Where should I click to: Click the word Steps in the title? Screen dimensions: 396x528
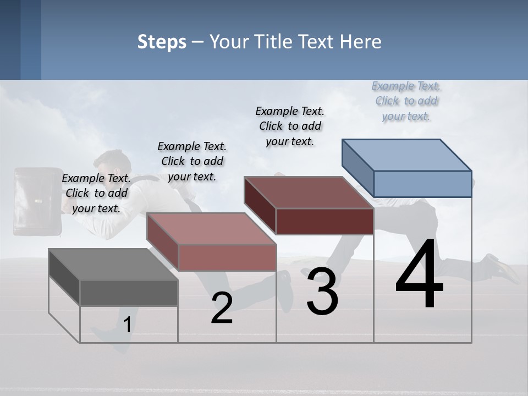162,42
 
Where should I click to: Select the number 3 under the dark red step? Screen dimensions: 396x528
322,291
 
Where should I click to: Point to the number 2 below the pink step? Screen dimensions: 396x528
222,308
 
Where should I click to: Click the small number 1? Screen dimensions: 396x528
127,324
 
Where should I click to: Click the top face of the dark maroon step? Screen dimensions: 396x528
309,193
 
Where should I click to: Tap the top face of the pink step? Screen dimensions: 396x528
211,228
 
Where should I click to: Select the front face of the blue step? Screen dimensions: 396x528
422,184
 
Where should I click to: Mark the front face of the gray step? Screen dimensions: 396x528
129,293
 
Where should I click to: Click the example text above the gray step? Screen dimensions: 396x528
96,193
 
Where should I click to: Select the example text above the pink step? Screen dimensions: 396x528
192,161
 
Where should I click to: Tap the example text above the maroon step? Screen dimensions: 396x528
290,126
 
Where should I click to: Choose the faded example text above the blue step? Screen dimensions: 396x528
406,101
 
